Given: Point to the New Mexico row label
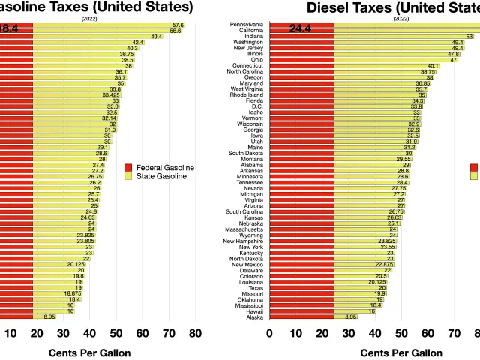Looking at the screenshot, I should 247,264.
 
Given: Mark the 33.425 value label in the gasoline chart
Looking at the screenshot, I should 111,95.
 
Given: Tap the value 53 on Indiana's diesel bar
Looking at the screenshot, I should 469,36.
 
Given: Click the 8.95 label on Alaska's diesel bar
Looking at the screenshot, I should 350,316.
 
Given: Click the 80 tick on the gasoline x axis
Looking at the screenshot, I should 195,333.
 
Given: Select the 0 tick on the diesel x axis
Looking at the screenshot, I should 270,333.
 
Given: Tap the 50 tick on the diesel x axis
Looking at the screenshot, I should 400,333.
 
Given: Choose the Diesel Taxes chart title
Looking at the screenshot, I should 393,8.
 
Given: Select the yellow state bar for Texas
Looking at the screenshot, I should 360,287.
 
